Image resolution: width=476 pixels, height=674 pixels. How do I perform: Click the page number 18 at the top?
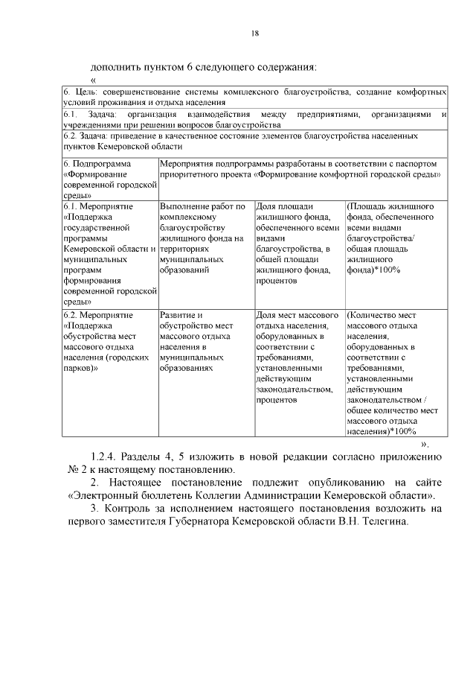point(254,33)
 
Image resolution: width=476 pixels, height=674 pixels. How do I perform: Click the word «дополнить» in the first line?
point(116,66)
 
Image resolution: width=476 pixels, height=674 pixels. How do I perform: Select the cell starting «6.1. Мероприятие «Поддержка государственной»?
point(109,253)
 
